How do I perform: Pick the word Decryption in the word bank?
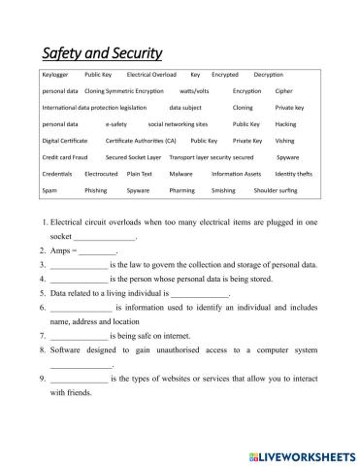[274, 74]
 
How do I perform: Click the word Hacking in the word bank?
[286, 124]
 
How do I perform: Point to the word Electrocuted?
[101, 173]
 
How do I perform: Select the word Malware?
[180, 173]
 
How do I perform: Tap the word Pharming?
[181, 190]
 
